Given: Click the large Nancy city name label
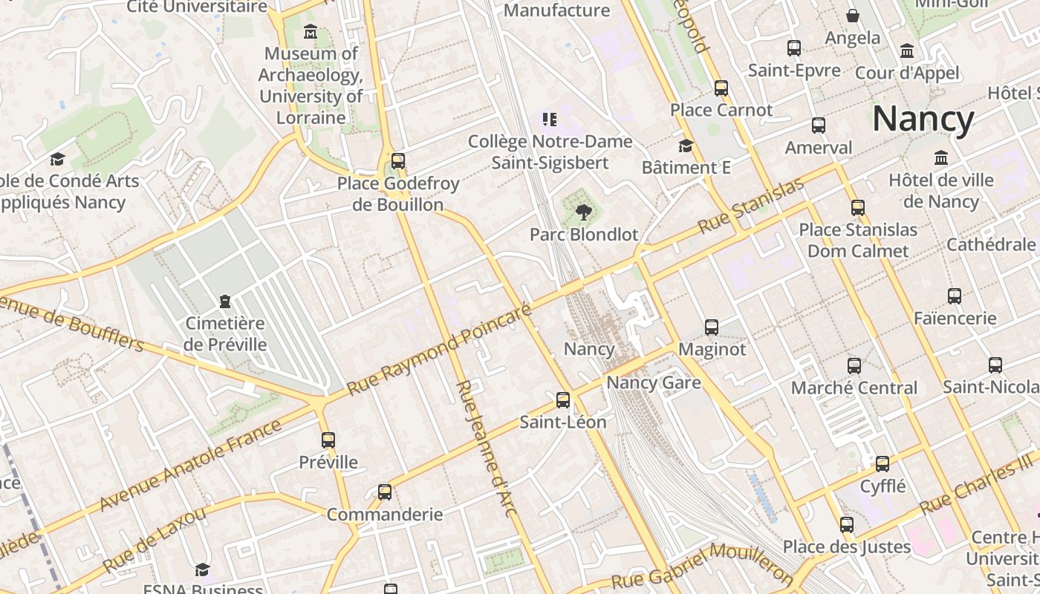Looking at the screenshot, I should click(x=923, y=119).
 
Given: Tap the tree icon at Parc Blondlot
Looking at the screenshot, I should click(x=584, y=212).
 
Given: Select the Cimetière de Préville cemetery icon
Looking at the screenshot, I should click(x=225, y=301).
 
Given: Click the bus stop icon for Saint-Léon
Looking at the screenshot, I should click(x=563, y=400).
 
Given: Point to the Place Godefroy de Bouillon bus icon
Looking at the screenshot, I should click(x=398, y=160).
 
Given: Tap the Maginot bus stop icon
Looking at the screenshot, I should click(x=711, y=327).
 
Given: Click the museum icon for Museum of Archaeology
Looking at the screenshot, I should click(x=311, y=32).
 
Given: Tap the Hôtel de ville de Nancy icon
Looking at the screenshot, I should click(x=941, y=158).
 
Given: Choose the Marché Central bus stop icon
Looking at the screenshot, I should click(x=854, y=365).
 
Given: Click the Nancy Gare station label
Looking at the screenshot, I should click(x=654, y=383).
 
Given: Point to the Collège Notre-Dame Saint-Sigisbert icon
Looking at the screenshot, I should click(x=550, y=120).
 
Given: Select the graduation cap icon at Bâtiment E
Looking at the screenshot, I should click(x=686, y=146).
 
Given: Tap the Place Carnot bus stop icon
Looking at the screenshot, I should click(x=721, y=88).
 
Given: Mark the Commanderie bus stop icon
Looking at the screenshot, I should click(x=385, y=492).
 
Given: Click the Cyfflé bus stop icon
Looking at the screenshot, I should click(x=883, y=464).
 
